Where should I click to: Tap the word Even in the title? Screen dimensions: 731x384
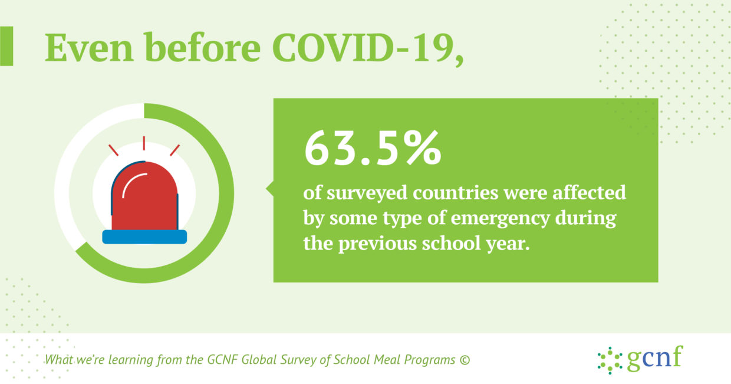(x=89, y=47)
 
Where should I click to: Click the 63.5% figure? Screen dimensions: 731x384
(x=373, y=148)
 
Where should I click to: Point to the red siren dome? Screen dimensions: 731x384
(x=145, y=196)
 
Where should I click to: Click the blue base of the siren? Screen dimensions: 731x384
(x=144, y=237)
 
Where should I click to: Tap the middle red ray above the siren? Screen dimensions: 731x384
(x=144, y=143)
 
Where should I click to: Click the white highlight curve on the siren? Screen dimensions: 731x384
(x=133, y=183)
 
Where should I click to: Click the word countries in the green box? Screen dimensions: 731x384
(x=456, y=193)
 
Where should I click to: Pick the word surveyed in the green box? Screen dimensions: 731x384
(x=367, y=193)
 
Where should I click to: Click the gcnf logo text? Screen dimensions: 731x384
(x=655, y=357)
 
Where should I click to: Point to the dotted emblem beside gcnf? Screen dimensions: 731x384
(x=610, y=360)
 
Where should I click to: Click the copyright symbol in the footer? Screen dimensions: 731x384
(x=465, y=360)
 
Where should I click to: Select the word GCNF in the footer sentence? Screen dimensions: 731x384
(x=223, y=360)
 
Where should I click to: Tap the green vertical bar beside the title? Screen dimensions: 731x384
(x=6, y=47)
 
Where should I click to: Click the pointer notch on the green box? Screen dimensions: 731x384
(x=270, y=188)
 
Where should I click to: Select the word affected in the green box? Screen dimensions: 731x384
(x=589, y=192)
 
